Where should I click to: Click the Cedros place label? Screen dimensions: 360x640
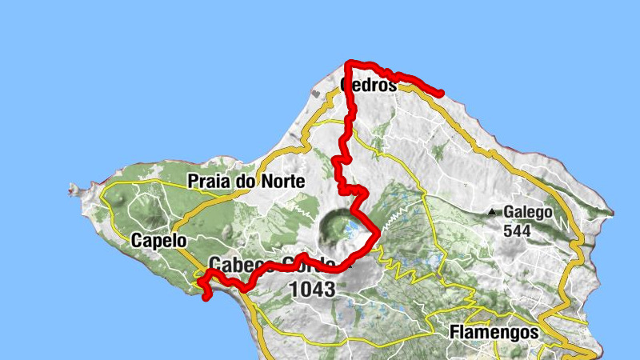click(x=369, y=84)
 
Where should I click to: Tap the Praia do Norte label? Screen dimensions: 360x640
click(x=246, y=182)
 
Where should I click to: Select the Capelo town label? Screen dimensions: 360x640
click(x=158, y=240)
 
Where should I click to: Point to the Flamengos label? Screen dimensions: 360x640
click(x=493, y=330)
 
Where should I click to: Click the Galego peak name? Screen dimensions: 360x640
click(x=528, y=213)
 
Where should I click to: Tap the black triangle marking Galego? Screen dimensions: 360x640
click(x=493, y=213)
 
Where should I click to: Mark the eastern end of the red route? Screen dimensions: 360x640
click(x=441, y=94)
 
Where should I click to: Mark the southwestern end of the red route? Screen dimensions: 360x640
click(x=206, y=298)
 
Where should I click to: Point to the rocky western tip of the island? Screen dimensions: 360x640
click(x=73, y=190)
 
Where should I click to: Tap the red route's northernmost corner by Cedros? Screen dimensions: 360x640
click(x=348, y=62)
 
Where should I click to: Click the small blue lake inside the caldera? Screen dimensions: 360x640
click(x=350, y=233)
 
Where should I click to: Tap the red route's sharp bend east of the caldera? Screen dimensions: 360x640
click(x=377, y=234)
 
